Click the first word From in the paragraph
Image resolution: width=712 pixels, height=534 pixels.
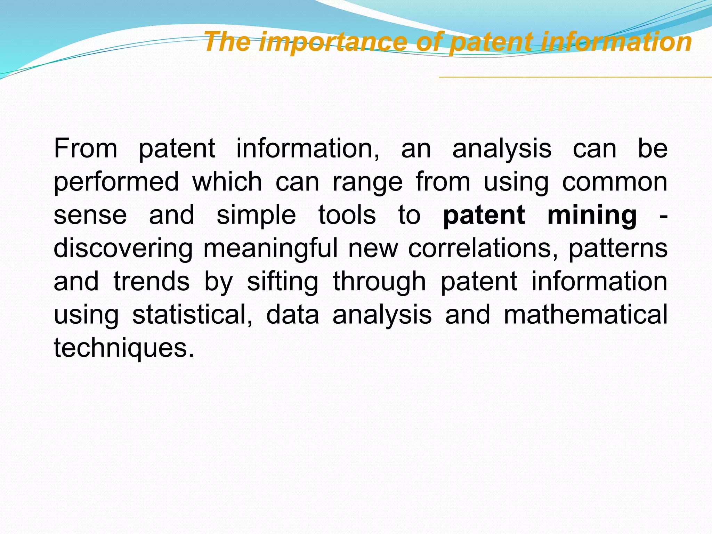click(x=86, y=149)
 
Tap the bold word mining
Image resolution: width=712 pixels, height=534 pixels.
click(x=592, y=216)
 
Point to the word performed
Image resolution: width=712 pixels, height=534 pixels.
click(x=116, y=182)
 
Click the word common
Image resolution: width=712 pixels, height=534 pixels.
click(x=614, y=182)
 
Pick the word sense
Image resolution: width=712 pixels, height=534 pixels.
click(x=90, y=216)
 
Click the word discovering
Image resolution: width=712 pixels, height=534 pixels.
click(x=123, y=249)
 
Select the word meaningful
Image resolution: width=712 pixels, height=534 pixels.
click(x=270, y=249)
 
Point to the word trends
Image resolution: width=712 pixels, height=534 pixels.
click(x=152, y=282)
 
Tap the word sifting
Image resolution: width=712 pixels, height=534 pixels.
click(x=283, y=282)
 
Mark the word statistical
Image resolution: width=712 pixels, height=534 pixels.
click(x=192, y=315)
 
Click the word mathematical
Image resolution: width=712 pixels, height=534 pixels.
click(x=585, y=315)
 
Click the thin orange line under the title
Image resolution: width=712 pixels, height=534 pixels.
click(x=574, y=77)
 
